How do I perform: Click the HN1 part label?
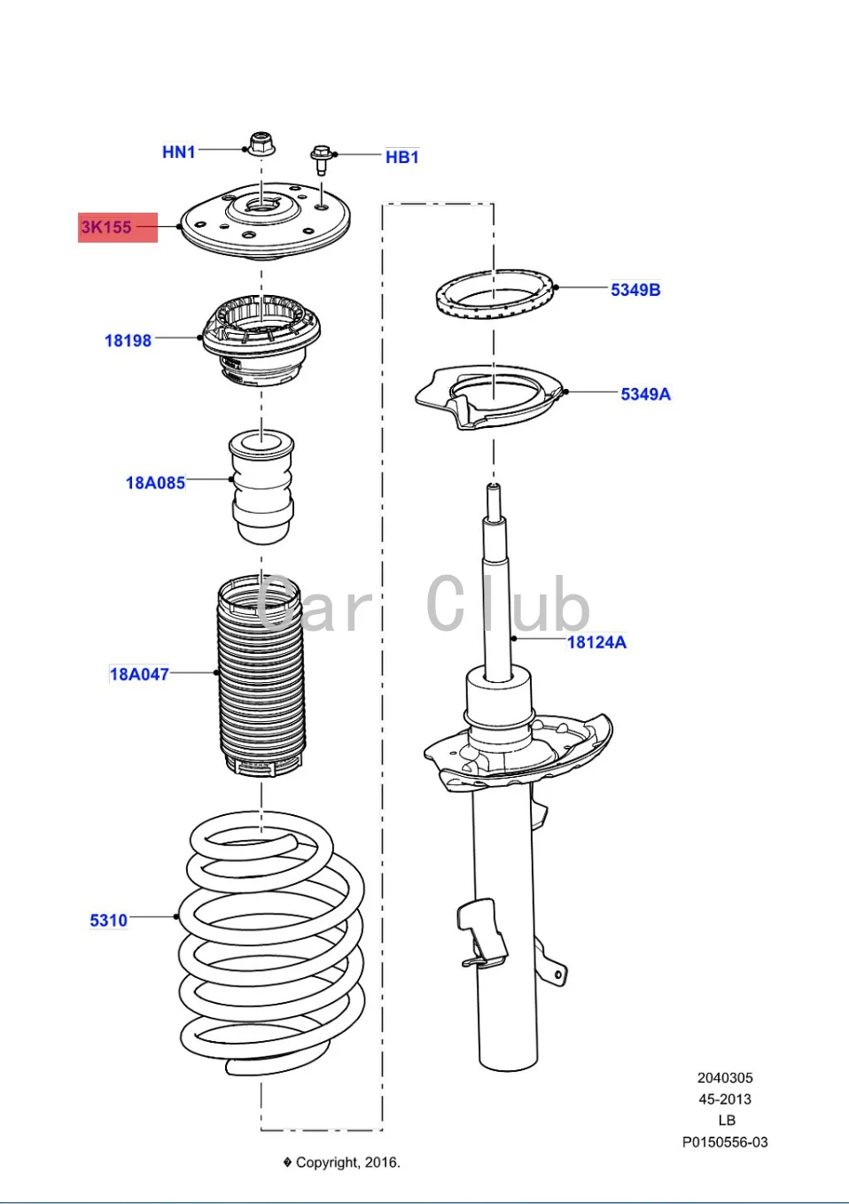(x=178, y=151)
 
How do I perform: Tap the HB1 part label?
(x=401, y=157)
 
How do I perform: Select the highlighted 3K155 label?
(x=107, y=227)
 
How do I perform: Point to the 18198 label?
(x=128, y=340)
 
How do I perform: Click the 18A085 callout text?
(x=155, y=483)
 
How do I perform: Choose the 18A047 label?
(x=138, y=674)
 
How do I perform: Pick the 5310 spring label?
(x=108, y=920)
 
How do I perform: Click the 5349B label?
(x=635, y=290)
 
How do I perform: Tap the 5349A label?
(x=645, y=394)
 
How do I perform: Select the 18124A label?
(x=596, y=642)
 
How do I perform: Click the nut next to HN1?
(x=261, y=144)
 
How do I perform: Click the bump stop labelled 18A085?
(x=261, y=487)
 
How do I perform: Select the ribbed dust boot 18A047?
(x=261, y=678)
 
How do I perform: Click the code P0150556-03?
(x=724, y=1142)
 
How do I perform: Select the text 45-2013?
(x=724, y=1099)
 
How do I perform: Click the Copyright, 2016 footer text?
(x=347, y=1162)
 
